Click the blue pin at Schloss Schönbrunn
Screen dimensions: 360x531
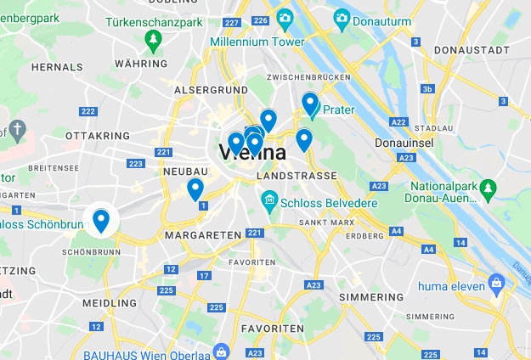click(x=101, y=220)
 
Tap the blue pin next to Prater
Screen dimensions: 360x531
click(x=310, y=104)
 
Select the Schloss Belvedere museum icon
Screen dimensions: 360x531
click(x=269, y=201)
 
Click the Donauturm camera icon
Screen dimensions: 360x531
click(x=342, y=17)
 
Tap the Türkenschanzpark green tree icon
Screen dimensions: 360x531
click(x=153, y=37)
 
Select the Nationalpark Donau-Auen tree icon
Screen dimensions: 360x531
click(x=488, y=187)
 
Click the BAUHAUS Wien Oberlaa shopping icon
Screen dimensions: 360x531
click(x=221, y=351)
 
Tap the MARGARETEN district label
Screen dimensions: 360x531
click(x=198, y=234)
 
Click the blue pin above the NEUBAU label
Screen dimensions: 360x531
click(x=195, y=188)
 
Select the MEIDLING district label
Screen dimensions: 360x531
click(x=110, y=302)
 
